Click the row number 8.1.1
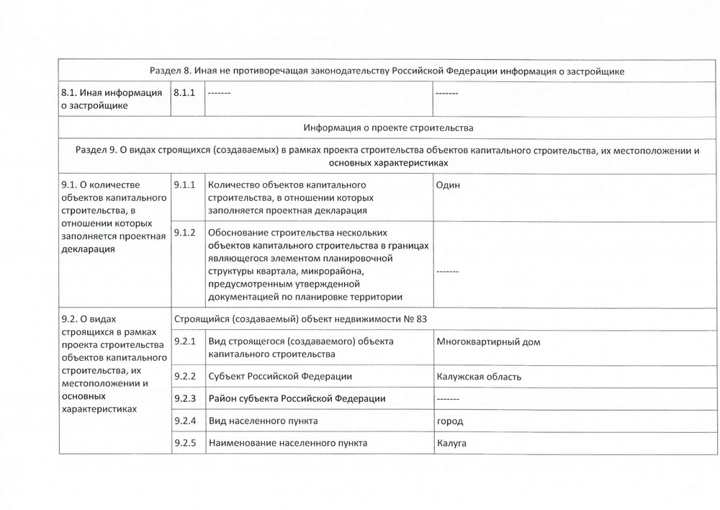point(184,92)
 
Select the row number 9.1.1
point(184,185)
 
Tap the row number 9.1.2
point(184,233)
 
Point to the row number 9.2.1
point(184,341)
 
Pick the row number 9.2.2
point(184,377)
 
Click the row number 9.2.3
point(184,399)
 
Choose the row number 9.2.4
point(184,421)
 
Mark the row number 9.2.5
point(184,443)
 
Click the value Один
point(448,185)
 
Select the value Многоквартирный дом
point(488,341)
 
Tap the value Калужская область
point(479,377)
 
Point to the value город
point(450,421)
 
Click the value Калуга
point(451,443)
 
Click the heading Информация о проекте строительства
point(388,128)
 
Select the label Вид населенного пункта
point(263,421)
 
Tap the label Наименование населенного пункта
point(287,443)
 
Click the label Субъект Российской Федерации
point(280,377)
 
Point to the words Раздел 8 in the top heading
point(171,71)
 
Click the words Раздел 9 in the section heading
point(96,151)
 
